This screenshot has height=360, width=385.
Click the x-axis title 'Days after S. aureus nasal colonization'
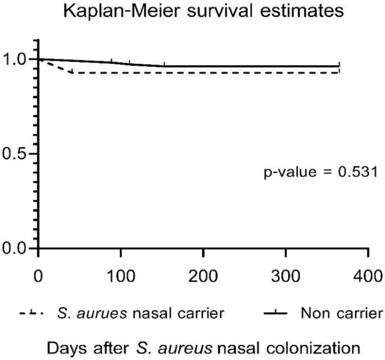pos(192,345)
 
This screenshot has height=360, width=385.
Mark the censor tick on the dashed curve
pos(73,71)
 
